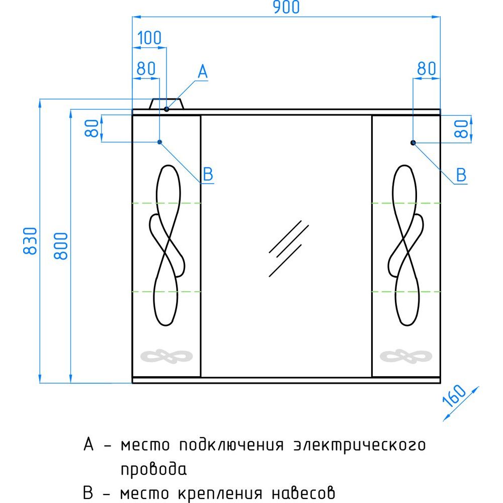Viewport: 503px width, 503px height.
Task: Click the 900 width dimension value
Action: pyautogui.click(x=286, y=7)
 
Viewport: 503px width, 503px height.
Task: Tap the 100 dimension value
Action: pyautogui.click(x=149, y=38)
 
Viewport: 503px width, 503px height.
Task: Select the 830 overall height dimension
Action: pyautogui.click(x=31, y=241)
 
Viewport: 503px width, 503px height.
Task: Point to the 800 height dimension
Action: pyautogui.click(x=61, y=246)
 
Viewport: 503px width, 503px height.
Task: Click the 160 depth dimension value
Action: pyautogui.click(x=454, y=395)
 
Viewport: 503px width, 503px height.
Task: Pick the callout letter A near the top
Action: pyautogui.click(x=202, y=71)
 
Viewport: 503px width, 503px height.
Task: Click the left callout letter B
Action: pyautogui.click(x=208, y=175)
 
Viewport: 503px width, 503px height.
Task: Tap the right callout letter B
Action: pyautogui.click(x=461, y=175)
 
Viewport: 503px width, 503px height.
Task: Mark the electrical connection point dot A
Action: pyautogui.click(x=166, y=109)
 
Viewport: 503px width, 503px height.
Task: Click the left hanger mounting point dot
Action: pyautogui.click(x=159, y=142)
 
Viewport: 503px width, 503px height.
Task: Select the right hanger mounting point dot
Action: pyautogui.click(x=413, y=142)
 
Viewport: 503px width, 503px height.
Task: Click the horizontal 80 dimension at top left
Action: pyautogui.click(x=146, y=68)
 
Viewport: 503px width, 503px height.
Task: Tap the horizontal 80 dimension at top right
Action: pyautogui.click(x=427, y=68)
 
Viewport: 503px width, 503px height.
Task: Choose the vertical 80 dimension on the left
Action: pyautogui.click(x=92, y=128)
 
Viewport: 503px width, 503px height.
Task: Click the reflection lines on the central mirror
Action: pyautogui.click(x=289, y=248)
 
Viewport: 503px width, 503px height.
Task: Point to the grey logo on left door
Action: pyautogui.click(x=166, y=357)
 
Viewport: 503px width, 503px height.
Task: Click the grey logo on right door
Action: pyautogui.click(x=406, y=357)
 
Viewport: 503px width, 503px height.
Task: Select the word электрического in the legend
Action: pyautogui.click(x=360, y=446)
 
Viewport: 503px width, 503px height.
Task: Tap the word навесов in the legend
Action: pyautogui.click(x=303, y=493)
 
